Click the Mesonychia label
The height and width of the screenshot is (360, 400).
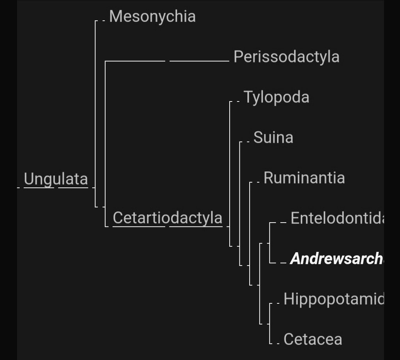[x=152, y=17]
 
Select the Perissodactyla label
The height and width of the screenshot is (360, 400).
[x=286, y=57]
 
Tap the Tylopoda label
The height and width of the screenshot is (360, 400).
[x=276, y=97]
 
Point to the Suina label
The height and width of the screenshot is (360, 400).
[x=273, y=137]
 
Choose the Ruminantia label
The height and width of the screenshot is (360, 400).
[x=304, y=178]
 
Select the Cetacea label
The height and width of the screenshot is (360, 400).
[x=312, y=339]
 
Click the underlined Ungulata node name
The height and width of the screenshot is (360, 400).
[x=56, y=179]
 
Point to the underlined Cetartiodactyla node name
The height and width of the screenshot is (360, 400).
[x=167, y=218]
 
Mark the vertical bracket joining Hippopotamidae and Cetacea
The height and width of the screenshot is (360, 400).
[x=270, y=323]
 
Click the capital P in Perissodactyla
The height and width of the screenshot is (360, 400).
[x=237, y=57]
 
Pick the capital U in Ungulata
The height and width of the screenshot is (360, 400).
[x=29, y=179]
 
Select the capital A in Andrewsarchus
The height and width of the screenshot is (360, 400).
[x=295, y=258]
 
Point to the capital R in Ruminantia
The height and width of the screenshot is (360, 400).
[x=268, y=178]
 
